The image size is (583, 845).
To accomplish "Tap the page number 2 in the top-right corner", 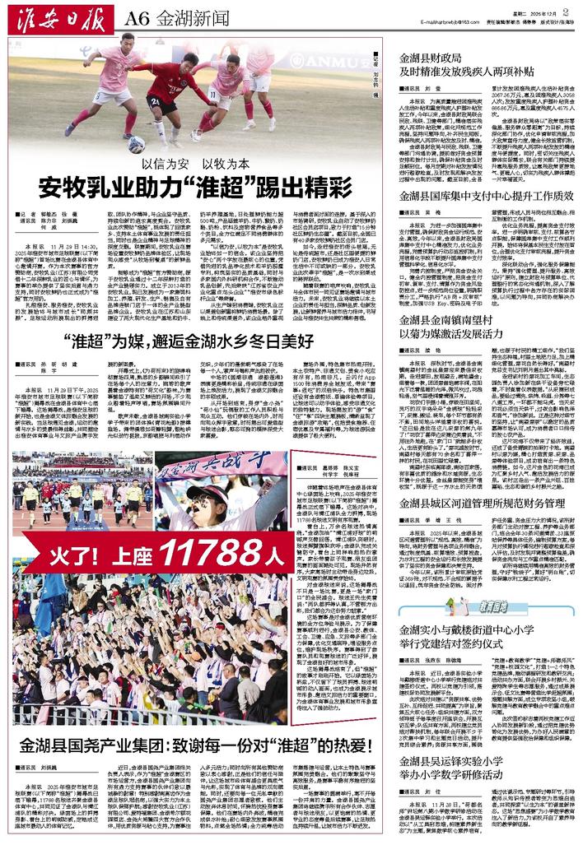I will (x=567, y=12).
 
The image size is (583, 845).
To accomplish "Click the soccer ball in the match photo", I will (x=137, y=144).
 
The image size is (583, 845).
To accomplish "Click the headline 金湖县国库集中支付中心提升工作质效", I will (x=485, y=197).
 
